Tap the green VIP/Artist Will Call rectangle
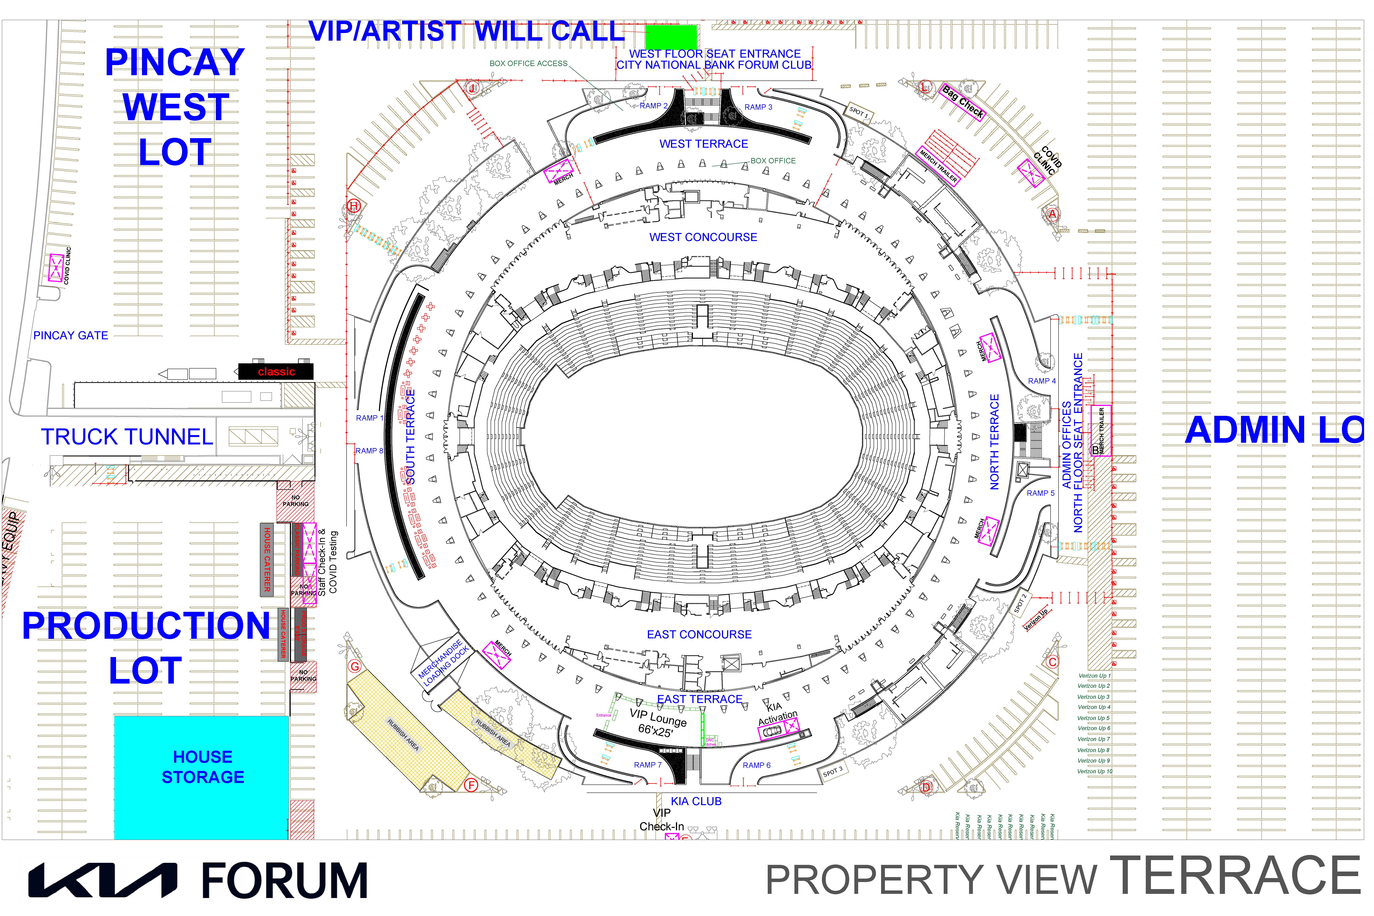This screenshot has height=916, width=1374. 671,37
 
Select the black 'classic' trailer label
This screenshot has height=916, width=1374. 276,372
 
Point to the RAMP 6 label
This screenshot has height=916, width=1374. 756,765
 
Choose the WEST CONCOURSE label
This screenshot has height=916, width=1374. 703,237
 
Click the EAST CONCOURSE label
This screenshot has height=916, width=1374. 699,634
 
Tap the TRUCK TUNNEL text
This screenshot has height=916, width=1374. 127,437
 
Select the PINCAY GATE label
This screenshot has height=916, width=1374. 71,335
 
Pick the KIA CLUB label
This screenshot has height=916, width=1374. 696,801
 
